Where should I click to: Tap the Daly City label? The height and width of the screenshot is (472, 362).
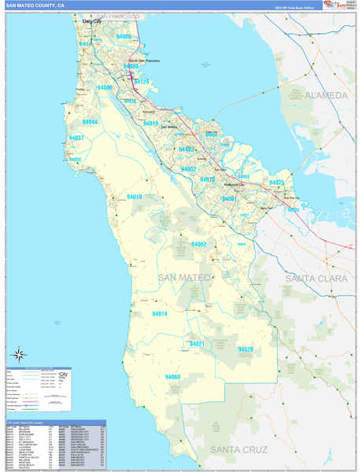(92, 22)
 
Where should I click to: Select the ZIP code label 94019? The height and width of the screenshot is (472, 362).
(134, 197)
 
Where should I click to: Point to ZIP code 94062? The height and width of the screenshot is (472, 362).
(198, 245)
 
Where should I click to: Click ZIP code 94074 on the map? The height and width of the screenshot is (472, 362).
(160, 314)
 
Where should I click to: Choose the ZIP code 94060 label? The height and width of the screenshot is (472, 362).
(172, 377)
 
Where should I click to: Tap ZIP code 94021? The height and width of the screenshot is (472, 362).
(197, 344)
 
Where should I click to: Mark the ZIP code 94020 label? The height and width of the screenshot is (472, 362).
(246, 348)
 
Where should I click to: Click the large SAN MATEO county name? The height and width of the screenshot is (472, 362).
(184, 278)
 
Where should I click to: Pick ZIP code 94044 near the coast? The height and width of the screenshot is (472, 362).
(89, 123)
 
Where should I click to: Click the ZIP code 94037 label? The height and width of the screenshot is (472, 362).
(76, 138)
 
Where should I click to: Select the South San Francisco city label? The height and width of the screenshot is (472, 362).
(144, 61)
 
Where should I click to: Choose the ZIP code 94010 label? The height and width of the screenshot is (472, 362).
(150, 124)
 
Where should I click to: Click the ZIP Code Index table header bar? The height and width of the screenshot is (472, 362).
(55, 422)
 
